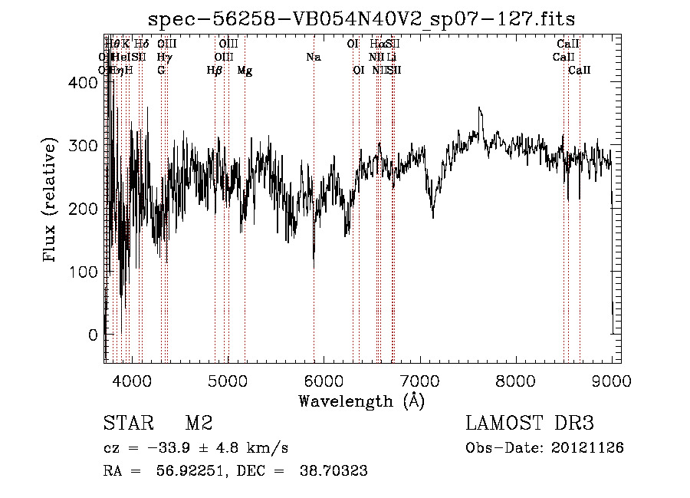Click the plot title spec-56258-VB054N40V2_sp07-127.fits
361,19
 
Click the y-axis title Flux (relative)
51,200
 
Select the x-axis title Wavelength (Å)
361,401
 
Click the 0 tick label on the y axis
94,335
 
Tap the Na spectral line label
313,58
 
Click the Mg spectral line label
245,71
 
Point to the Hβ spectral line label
214,71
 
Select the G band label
161,71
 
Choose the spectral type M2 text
199,424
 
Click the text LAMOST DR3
530,424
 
